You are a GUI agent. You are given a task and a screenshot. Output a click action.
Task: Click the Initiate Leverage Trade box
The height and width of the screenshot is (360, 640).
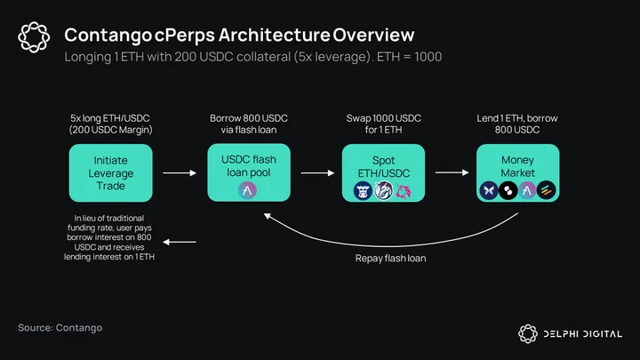(x=110, y=172)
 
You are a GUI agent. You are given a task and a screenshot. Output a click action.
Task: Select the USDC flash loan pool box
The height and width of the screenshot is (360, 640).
(x=249, y=172)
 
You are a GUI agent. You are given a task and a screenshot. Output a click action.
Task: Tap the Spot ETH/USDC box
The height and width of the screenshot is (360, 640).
(x=383, y=172)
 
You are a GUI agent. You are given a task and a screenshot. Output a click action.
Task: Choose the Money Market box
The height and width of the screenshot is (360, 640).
(x=517, y=172)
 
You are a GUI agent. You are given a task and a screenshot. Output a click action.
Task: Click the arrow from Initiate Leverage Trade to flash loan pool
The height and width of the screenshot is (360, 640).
(x=180, y=173)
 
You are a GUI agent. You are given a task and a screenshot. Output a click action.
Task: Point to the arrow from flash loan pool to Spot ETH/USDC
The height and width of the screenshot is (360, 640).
(x=317, y=173)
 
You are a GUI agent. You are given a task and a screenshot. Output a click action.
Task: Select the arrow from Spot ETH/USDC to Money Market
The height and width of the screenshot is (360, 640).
(x=452, y=172)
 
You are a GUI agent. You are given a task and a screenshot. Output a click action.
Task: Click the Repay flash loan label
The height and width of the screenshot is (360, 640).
(x=390, y=259)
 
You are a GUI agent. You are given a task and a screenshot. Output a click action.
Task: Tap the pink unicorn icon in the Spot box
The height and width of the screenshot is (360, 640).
(x=403, y=191)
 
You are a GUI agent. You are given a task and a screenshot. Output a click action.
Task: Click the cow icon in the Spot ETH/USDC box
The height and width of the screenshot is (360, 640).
(x=363, y=191)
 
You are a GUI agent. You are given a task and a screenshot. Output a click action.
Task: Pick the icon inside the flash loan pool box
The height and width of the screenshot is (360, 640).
(x=247, y=190)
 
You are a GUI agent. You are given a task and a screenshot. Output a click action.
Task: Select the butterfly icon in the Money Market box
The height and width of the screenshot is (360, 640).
(x=489, y=190)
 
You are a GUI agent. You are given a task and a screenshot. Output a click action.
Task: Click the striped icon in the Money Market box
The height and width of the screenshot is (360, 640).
(x=547, y=190)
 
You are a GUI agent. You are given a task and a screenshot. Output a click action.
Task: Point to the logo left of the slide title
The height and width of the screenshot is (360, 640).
(x=34, y=37)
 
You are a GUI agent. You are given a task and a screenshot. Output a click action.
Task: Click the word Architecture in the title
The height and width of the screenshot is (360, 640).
(x=275, y=35)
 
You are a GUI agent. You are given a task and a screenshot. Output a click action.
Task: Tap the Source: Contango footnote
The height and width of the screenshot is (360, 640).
(x=60, y=328)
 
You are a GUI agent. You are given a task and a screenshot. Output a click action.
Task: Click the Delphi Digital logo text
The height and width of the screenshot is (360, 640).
(x=582, y=334)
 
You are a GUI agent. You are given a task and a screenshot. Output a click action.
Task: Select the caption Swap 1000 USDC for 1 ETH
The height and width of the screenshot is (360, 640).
(x=384, y=124)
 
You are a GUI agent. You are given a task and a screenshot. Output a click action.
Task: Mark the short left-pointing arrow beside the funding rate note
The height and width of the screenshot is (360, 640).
(x=180, y=242)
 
